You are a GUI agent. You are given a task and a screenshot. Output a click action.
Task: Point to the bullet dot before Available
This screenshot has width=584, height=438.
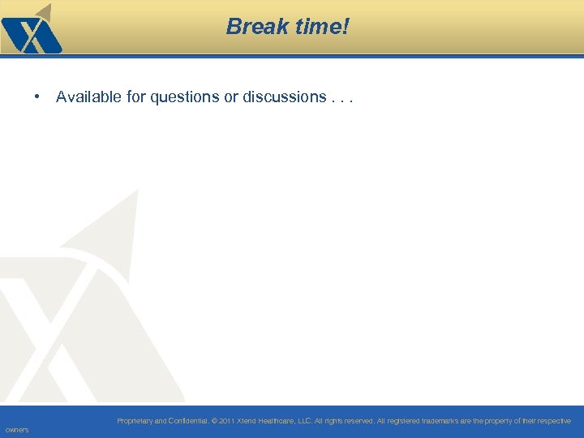[x=38, y=97]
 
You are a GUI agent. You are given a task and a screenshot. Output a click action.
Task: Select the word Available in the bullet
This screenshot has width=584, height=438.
[x=89, y=97]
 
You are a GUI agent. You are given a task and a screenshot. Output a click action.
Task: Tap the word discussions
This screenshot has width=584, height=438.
[x=284, y=97]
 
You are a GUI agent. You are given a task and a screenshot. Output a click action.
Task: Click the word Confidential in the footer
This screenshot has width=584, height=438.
[x=187, y=421]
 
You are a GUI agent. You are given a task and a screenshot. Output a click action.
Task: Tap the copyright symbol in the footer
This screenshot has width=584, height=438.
[x=215, y=421]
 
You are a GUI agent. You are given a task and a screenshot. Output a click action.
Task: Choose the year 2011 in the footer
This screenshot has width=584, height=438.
[x=227, y=421]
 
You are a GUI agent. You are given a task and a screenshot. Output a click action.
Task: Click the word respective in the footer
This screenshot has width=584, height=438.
[x=553, y=421]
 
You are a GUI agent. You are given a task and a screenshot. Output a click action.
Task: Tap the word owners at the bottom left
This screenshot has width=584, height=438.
[x=16, y=430]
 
